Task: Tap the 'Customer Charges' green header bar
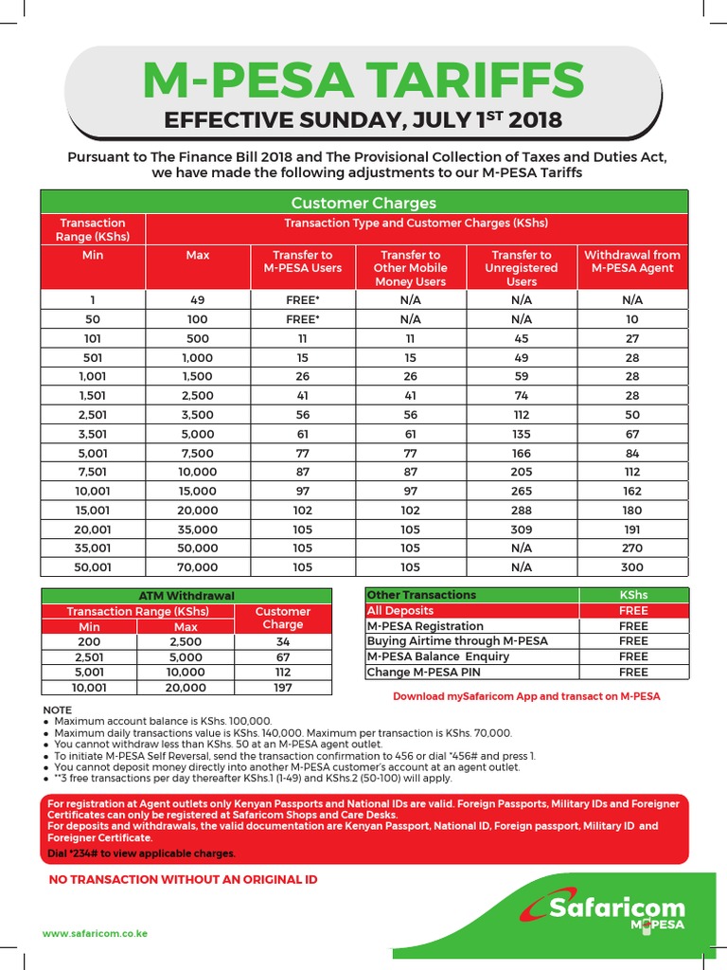tap(363, 203)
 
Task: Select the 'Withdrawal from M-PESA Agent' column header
tap(631, 261)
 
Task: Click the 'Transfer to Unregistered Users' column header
tap(521, 268)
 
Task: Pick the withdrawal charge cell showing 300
tap(631, 567)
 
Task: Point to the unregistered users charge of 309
tap(521, 530)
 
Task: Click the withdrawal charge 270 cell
tap(631, 548)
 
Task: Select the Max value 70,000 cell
tap(198, 567)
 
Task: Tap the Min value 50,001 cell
tap(93, 567)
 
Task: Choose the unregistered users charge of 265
tap(521, 491)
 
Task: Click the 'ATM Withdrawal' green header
tap(186, 596)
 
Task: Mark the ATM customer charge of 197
tap(282, 687)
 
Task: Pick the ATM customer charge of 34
tap(282, 641)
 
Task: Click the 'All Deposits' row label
tap(400, 611)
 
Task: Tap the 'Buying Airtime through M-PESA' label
tap(457, 641)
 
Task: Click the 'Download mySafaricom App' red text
tap(526, 696)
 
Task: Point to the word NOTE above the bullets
tap(57, 710)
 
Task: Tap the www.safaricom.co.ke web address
tap(95, 934)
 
